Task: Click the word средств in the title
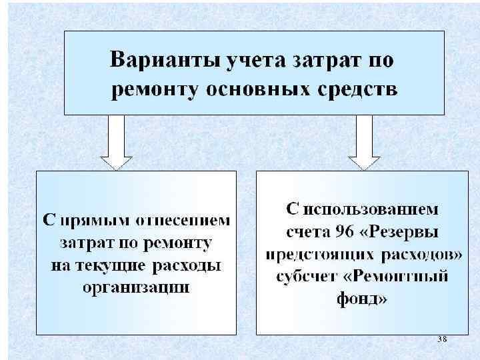pos(353,89)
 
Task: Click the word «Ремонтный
pos(393,277)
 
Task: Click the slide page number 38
pos(441,339)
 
